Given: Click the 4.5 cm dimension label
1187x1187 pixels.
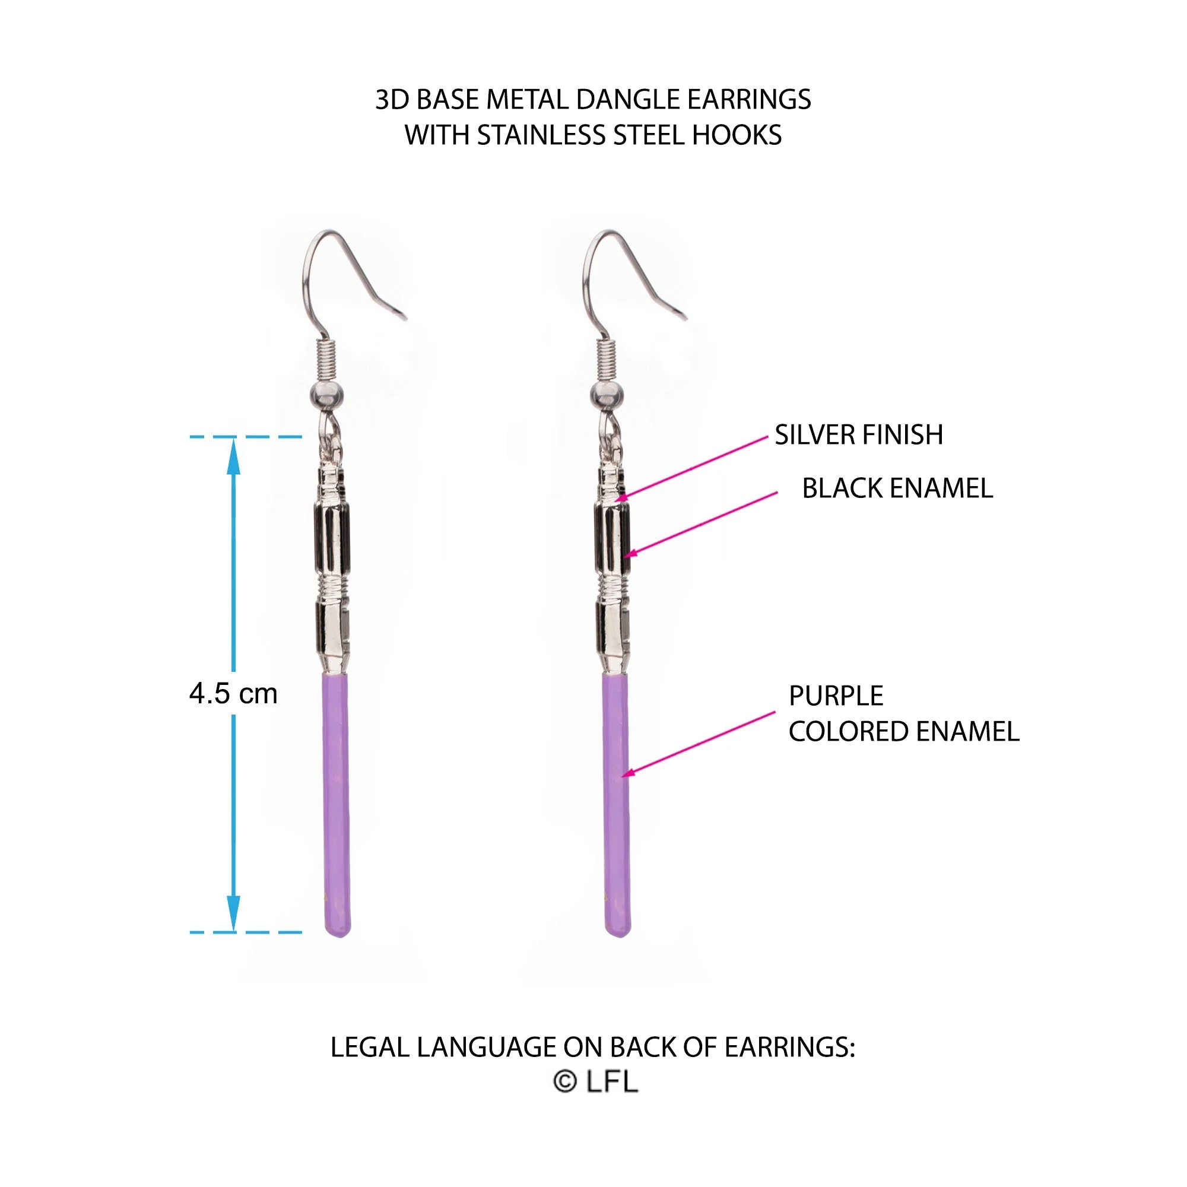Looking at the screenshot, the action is pos(233,694).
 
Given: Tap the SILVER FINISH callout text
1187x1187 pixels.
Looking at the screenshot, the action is pos(858,435).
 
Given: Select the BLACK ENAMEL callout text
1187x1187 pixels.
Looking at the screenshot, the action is pos(897,488).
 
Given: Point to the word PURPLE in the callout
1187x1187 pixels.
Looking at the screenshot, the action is pos(836,696).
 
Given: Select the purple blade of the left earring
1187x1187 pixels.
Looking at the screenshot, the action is pos(337,805).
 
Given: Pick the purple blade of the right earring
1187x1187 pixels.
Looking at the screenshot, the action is pos(616,805).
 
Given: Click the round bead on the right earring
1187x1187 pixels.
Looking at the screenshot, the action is pos(607,396).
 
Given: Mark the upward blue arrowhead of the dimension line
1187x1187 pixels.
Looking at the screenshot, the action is pos(233,456).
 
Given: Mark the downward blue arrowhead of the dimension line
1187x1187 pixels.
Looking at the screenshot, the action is pos(233,913).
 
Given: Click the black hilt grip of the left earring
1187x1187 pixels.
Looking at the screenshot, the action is pos(332,538).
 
